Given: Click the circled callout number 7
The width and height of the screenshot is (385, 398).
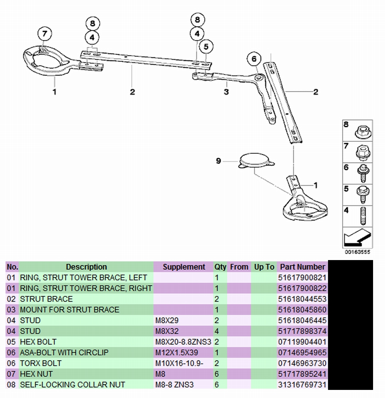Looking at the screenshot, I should coord(45,34).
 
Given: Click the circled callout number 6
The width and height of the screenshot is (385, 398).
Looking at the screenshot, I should coord(254,59).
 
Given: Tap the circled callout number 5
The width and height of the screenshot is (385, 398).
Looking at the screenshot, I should coord(206,47).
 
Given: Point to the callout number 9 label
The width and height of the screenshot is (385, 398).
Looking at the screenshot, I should coord(218,161).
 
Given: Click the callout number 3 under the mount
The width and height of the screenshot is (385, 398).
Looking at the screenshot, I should coord(226,92).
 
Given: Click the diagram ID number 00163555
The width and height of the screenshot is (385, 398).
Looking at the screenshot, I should coord(357,252).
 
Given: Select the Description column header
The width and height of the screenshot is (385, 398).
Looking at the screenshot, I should coord(86,267).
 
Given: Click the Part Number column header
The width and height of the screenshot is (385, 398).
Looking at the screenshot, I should coord(302,267).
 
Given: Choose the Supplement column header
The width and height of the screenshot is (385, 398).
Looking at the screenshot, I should coord(184,267).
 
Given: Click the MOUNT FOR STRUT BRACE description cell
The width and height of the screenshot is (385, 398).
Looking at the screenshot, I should coord(70,309).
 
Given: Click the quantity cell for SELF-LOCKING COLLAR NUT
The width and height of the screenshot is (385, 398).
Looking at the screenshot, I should coord(218,385).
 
